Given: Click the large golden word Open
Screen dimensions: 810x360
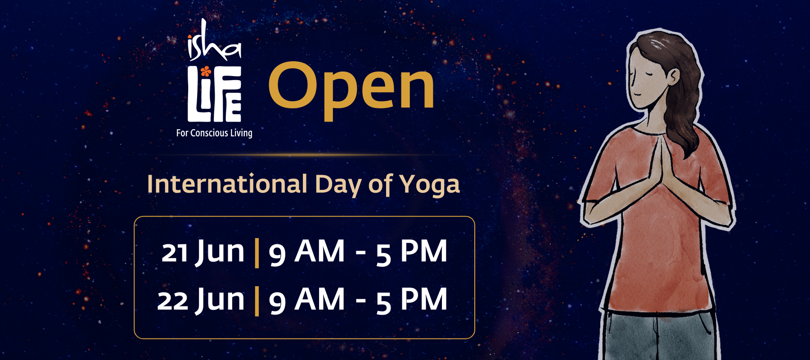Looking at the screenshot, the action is click(351, 90).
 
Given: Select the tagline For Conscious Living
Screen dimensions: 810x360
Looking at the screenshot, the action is click(214, 133).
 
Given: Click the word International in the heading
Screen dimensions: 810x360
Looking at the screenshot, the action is click(228, 184).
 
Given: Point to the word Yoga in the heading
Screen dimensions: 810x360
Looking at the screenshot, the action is click(430, 185).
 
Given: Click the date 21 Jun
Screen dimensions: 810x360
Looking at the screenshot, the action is click(203, 252).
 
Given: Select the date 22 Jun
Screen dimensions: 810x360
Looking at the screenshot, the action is click(201, 300).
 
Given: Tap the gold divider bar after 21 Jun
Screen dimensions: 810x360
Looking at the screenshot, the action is click(257, 253).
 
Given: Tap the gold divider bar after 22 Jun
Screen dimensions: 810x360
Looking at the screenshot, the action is click(257, 301).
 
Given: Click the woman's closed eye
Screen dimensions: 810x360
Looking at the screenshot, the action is click(639, 72).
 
